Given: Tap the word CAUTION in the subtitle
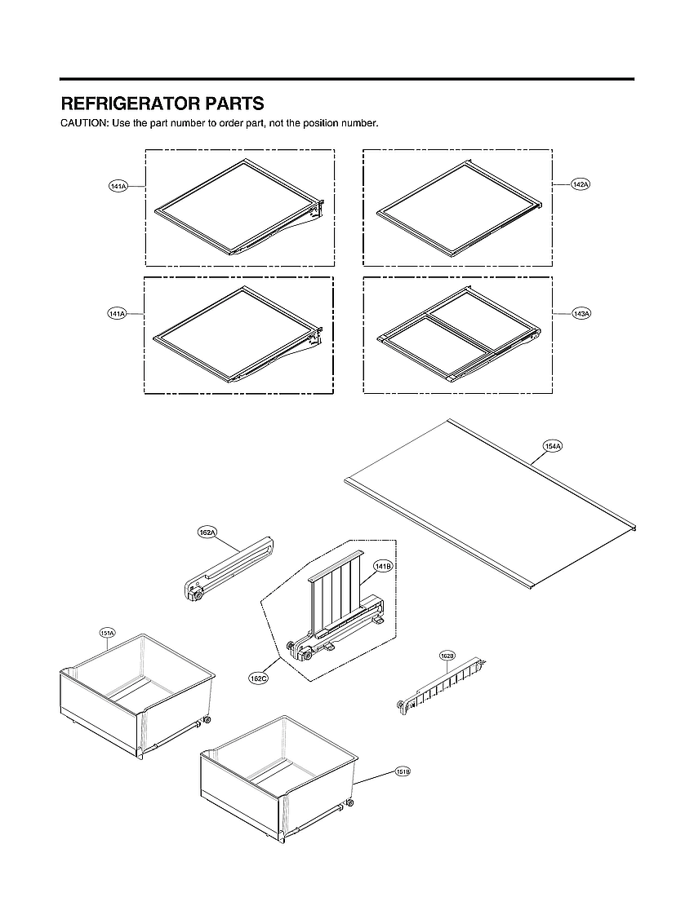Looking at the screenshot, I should coord(84,123).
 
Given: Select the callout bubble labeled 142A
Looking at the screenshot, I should coord(581,185).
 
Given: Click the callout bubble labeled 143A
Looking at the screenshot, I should coord(581,313).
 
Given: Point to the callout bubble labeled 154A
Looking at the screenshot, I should coord(553,446).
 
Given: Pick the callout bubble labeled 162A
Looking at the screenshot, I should coord(207,532).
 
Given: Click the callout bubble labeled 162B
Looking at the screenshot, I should coord(447,656).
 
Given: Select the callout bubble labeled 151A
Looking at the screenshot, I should coord(107,633).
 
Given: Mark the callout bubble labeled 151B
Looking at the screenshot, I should coord(403,771).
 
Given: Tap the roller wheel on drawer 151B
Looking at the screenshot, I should coord(349,803).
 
